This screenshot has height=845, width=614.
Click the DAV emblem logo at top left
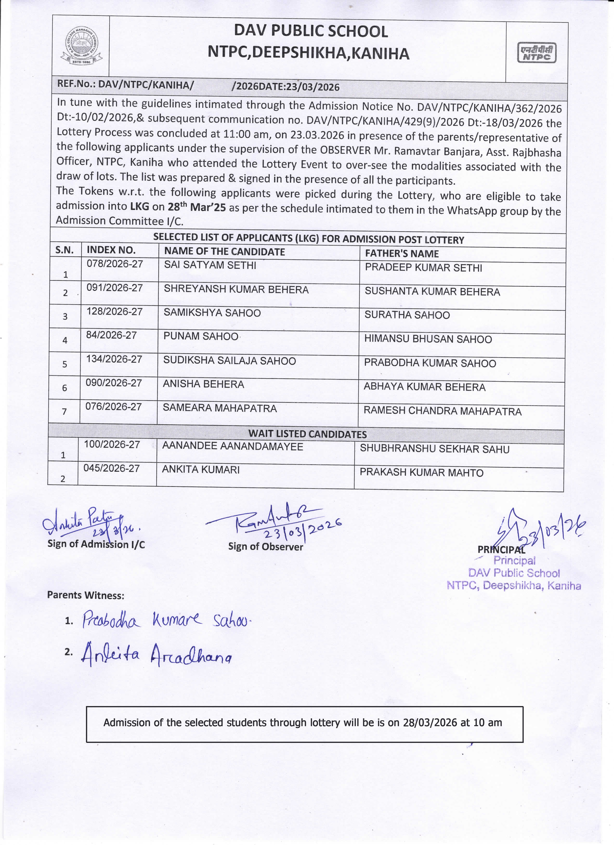click(81, 46)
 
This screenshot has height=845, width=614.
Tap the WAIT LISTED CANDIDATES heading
click(307, 434)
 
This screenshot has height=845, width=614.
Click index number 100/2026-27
click(112, 445)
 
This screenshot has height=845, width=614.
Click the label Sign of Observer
click(266, 547)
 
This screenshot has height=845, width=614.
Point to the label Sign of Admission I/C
click(96, 544)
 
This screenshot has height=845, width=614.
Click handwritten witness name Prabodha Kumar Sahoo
click(166, 620)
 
